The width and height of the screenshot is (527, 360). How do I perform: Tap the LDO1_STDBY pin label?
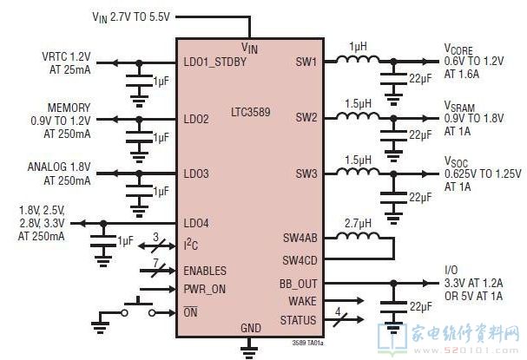click(214, 62)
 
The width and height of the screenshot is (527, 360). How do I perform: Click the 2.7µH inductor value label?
click(358, 223)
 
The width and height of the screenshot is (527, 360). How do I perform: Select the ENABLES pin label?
click(206, 271)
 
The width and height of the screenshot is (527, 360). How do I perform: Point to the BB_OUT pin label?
click(297, 285)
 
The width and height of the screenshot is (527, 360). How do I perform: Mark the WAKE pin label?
click(301, 301)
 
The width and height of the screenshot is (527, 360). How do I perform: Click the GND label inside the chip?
click(250, 327)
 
